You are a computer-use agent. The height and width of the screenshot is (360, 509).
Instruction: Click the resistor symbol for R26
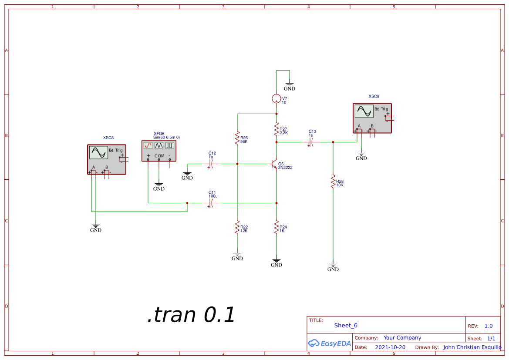pyautogui.click(x=237, y=138)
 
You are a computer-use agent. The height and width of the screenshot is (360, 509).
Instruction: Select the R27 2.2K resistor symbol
pyautogui.click(x=276, y=129)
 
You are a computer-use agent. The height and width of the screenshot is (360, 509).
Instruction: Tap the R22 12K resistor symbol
pyautogui.click(x=237, y=227)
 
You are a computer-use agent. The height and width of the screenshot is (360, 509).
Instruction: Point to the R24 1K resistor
pyautogui.click(x=276, y=227)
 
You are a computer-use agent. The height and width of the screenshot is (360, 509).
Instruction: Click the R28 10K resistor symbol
pyautogui.click(x=333, y=182)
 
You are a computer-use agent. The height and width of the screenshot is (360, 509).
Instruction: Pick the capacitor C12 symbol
pyautogui.click(x=211, y=164)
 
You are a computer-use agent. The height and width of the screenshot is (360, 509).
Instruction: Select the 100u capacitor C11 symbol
pyautogui.click(x=211, y=203)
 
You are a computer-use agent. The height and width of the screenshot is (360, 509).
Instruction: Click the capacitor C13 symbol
pyautogui.click(x=311, y=142)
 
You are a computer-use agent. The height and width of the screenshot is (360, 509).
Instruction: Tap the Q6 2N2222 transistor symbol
pyautogui.click(x=274, y=165)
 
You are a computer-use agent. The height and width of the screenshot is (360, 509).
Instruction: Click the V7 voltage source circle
pyautogui.click(x=276, y=99)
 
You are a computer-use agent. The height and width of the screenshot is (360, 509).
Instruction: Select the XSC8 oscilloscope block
pyautogui.click(x=107, y=159)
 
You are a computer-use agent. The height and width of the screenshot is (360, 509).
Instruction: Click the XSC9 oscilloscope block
pyautogui.click(x=372, y=118)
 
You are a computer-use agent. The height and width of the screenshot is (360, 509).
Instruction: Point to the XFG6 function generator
pyautogui.click(x=159, y=151)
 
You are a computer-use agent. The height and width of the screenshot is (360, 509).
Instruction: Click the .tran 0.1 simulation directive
pyautogui.click(x=191, y=315)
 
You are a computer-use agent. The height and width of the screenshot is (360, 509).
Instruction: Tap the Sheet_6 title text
pyautogui.click(x=346, y=325)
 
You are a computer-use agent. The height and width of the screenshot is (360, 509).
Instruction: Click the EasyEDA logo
pyautogui.click(x=329, y=343)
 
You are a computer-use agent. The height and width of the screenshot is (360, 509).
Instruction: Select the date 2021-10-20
pyautogui.click(x=390, y=347)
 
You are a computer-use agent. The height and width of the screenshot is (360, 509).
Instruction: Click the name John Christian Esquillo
pyautogui.click(x=472, y=347)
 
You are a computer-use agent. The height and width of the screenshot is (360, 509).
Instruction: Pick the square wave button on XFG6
pyautogui.click(x=170, y=145)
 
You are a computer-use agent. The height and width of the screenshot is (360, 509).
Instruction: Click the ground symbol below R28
pyautogui.click(x=333, y=266)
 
